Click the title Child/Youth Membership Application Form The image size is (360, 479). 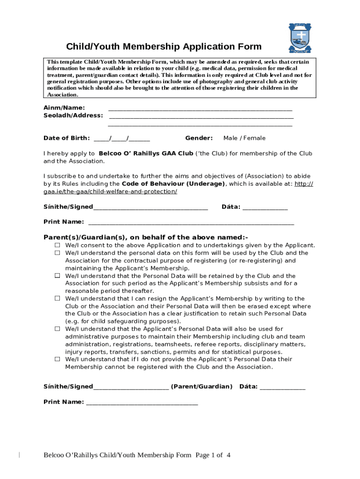coord(164,47)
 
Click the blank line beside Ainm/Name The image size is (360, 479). coord(200,109)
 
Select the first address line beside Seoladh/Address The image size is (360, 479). coord(200,116)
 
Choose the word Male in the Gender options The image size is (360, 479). coord(230,138)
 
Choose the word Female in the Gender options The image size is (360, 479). coord(253,138)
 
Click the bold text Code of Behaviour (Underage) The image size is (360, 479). coord(173,184)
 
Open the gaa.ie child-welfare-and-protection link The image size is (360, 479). coord(110,192)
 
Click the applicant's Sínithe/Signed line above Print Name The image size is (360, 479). coord(150,208)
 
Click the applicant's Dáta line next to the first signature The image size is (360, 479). coord(265,208)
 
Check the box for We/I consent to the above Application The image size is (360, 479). coord(57,245)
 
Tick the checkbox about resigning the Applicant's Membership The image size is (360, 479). coord(57,298)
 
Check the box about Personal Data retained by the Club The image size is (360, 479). coord(57,276)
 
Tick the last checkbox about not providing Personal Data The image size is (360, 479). coord(57,359)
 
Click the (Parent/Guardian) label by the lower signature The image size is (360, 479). coord(202,386)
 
